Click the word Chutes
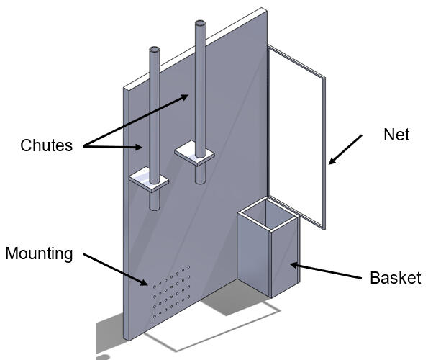click(x=47, y=145)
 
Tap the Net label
click(x=396, y=135)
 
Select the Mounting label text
click(x=40, y=254)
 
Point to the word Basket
click(x=395, y=278)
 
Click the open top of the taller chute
click(x=200, y=24)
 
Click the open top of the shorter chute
click(x=154, y=50)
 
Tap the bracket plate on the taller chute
click(x=194, y=153)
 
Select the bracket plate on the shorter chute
click(x=149, y=179)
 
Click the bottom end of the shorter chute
click(x=155, y=208)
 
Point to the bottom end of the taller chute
click(x=201, y=181)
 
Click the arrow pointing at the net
click(x=345, y=150)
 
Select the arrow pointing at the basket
click(x=326, y=271)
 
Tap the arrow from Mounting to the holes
click(x=116, y=269)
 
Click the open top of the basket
click(x=268, y=214)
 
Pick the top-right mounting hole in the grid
click(x=188, y=267)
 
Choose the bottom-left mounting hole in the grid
click(x=155, y=317)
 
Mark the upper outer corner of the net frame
click(x=325, y=78)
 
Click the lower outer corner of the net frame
click(x=324, y=229)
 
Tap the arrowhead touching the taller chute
click(x=185, y=97)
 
